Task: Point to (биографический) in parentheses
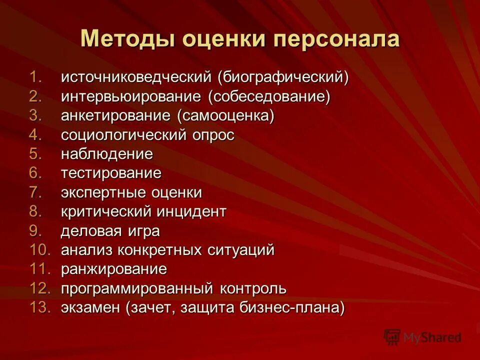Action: point(282,77)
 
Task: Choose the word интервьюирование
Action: point(131,96)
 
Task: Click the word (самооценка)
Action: point(225,116)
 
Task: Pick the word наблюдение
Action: point(107,154)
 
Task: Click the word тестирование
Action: point(111,173)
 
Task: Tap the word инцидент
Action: point(192,211)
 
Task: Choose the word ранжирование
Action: point(114,269)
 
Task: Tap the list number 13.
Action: point(40,307)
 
